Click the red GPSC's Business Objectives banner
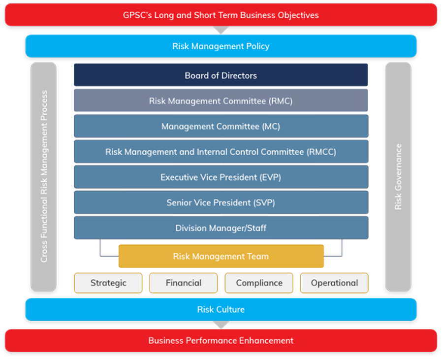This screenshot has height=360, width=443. pos(221,15)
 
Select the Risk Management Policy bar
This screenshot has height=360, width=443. pos(221,46)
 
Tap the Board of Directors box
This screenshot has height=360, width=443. pos(221,75)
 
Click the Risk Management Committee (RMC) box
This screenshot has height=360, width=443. pos(221,101)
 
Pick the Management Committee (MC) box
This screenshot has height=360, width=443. pos(221,127)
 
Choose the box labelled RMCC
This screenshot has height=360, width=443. pos(221,152)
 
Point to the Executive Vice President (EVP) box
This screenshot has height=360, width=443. pos(221,177)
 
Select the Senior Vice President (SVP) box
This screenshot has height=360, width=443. pos(221,203)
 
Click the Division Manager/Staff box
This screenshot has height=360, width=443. pos(221,229)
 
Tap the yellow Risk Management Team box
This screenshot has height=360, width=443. pos(221,257)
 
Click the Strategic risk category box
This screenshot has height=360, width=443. pos(108,283)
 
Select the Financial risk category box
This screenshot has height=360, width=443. pos(184,283)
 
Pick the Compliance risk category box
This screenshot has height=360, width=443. pos(259,283)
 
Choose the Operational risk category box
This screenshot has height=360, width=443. pos(335,283)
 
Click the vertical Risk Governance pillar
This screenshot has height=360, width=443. pos(398,176)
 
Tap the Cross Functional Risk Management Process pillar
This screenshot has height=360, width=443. pos(44,176)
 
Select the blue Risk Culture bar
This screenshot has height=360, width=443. pos(221,310)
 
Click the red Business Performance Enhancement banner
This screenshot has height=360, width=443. pos(221,340)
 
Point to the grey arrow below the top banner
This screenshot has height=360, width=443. pos(221,30)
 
